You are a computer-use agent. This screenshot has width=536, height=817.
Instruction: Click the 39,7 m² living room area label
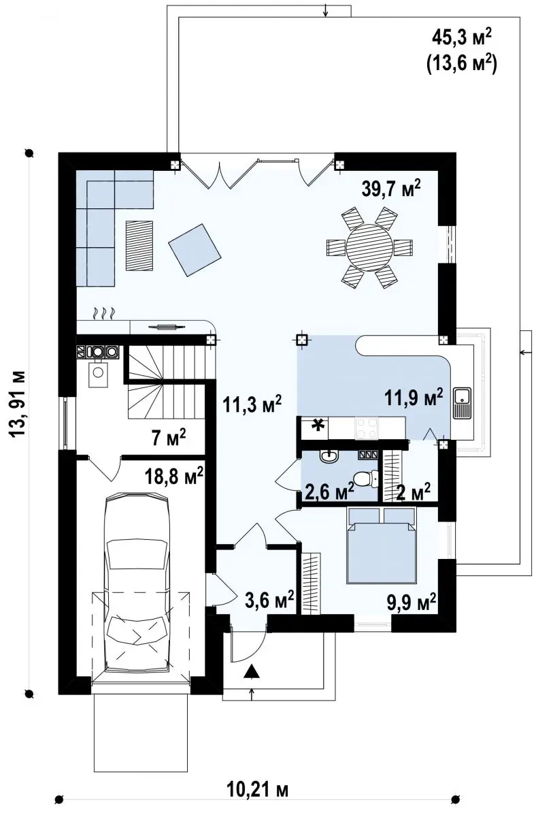tap(391, 189)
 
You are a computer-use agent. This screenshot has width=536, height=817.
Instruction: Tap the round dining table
tap(369, 248)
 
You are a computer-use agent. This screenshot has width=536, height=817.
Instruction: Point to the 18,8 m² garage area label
tap(174, 476)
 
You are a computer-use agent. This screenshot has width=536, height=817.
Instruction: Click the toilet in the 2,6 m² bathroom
tap(366, 479)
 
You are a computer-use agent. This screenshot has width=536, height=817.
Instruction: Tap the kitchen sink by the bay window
tap(462, 402)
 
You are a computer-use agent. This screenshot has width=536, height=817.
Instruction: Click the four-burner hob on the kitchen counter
tap(367, 428)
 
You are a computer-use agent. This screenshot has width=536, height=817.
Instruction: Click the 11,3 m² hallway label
tap(252, 404)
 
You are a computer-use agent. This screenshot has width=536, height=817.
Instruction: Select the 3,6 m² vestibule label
tap(269, 600)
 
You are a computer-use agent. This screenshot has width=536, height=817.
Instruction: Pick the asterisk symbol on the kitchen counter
tap(318, 426)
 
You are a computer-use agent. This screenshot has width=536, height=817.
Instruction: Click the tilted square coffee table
tap(195, 250)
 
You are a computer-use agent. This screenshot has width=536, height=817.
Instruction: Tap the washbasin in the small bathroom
tap(330, 456)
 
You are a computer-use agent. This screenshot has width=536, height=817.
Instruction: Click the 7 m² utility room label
tap(169, 438)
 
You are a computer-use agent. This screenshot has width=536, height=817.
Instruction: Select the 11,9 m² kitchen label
tap(414, 397)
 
